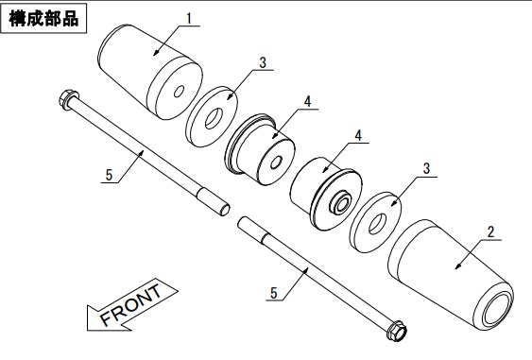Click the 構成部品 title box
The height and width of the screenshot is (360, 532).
(x=43, y=18)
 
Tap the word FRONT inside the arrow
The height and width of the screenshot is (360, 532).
(x=131, y=305)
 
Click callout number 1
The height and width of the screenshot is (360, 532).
(x=189, y=18)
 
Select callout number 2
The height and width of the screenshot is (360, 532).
(x=490, y=232)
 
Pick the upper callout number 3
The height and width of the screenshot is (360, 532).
(x=263, y=62)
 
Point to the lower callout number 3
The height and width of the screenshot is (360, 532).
(x=426, y=168)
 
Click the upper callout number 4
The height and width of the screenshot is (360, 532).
(x=307, y=101)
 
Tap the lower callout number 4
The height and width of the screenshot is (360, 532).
(x=358, y=135)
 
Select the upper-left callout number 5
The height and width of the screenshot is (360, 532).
(x=109, y=175)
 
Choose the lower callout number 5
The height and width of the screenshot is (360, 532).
(x=274, y=293)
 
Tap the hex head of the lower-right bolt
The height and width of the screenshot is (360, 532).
(x=396, y=331)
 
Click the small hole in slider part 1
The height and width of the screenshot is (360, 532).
(x=179, y=91)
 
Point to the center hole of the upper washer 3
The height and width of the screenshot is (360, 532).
(x=214, y=118)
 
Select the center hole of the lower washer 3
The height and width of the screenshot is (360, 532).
(x=377, y=224)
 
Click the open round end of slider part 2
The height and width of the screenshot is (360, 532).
(x=498, y=309)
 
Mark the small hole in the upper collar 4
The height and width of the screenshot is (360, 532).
(x=276, y=163)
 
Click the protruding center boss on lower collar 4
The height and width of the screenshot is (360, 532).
(x=340, y=203)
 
